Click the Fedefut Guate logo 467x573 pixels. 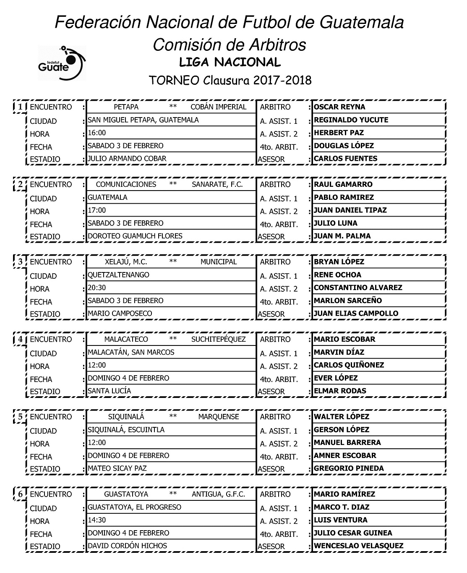pos(62,62)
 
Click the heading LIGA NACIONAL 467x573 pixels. pos(230,63)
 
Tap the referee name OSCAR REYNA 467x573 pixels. pos(339,107)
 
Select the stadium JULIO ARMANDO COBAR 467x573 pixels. pos(127,159)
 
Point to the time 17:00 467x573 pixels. pos(97,210)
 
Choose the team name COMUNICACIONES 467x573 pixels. pos(126,184)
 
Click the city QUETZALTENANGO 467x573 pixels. pos(118,275)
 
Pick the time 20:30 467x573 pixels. pos(97,288)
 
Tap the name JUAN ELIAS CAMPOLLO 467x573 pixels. pos(356,313)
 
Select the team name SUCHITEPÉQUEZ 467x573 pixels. pos(218,339)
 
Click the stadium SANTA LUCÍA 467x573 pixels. pos(109,391)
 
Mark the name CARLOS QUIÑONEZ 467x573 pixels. pos(349,365)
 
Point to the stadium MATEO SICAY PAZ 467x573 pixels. pos(117,468)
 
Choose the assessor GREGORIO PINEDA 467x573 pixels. pos(349,468)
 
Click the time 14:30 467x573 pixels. pos(97,520)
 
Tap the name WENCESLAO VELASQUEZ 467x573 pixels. pos(358,546)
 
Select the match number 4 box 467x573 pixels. pos(20,339)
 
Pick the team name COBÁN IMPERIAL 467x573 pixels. pos(218,107)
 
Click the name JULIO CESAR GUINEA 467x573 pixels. pos(353,533)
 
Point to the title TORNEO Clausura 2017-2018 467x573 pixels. pos(230,80)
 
